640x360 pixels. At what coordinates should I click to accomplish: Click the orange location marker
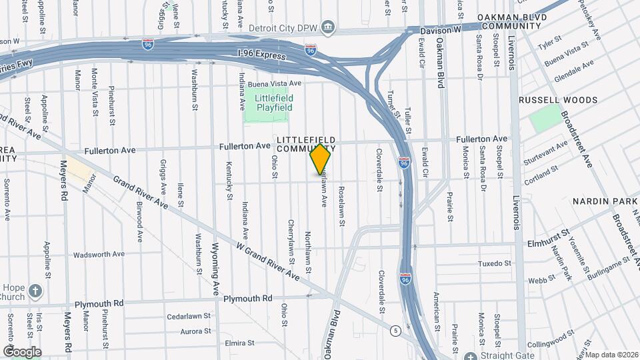pos(320,159)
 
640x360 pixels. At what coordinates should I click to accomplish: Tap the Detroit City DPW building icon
pos(327,28)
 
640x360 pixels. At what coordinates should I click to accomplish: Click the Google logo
pos(21,351)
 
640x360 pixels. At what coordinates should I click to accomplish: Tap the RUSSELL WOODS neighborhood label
pos(558,100)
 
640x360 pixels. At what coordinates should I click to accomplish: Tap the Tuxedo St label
pos(494,263)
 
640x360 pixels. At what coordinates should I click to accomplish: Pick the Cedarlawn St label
pos(189,316)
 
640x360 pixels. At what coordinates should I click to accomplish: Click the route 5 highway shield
pos(396,330)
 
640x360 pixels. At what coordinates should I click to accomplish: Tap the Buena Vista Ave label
pos(275,84)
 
